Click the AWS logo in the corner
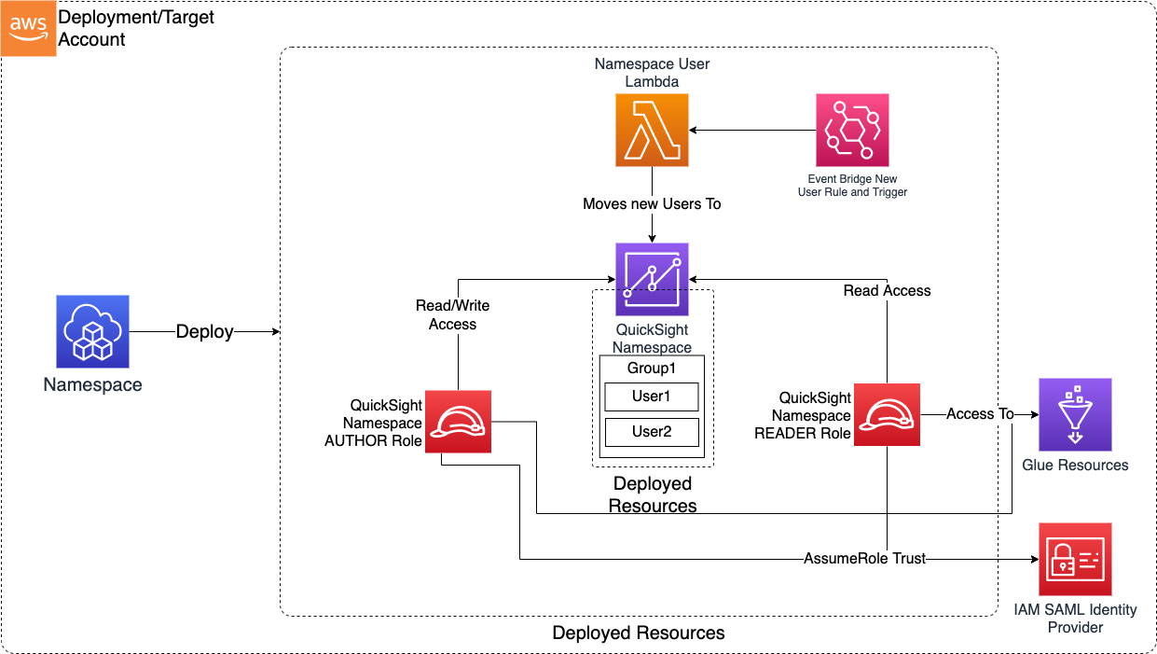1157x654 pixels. click(28, 28)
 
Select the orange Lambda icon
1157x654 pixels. click(652, 131)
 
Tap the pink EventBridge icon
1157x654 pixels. click(851, 130)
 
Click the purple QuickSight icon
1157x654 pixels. click(652, 280)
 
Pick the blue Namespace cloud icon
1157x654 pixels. click(92, 331)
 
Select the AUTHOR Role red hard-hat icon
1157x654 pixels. click(458, 421)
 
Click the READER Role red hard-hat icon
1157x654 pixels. click(887, 415)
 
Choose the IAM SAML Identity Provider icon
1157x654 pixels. click(1075, 559)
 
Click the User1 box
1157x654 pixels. click(652, 397)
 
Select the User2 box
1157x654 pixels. click(652, 432)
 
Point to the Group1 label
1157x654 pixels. click(652, 368)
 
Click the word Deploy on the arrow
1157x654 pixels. click(205, 332)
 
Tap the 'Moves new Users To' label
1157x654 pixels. click(652, 203)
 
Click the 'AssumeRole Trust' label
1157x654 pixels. click(865, 559)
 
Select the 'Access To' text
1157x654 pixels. click(980, 414)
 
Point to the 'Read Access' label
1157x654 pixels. click(887, 291)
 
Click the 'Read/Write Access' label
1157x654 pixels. click(452, 315)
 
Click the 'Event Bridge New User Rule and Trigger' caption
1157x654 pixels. click(852, 186)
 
